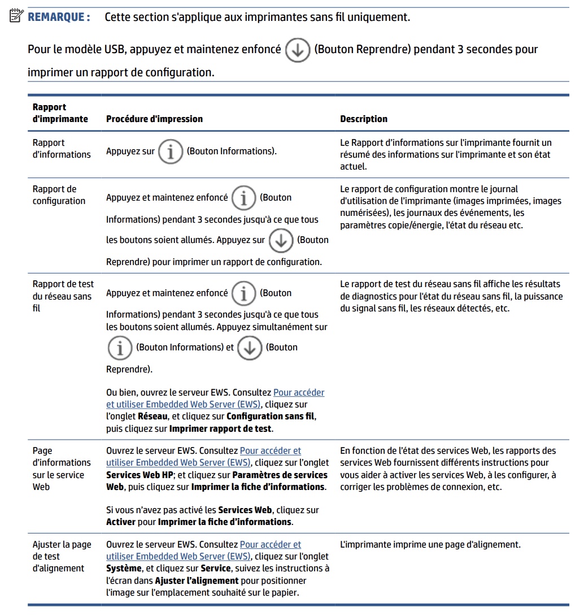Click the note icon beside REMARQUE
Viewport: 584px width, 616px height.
tap(16, 16)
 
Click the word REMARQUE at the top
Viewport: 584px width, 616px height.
tap(59, 17)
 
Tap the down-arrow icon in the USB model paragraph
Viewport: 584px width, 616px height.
tap(297, 50)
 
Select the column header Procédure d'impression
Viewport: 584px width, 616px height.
tap(154, 119)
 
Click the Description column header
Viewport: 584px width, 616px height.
tap(364, 119)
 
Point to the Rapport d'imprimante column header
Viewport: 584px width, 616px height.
tap(60, 113)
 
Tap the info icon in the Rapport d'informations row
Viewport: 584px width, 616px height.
tap(170, 151)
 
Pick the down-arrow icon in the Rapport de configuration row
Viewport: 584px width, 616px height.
tap(281, 240)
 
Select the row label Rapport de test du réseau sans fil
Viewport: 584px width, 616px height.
tap(63, 296)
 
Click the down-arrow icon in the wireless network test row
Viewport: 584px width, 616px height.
tap(250, 348)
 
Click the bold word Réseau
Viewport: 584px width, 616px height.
tap(153, 417)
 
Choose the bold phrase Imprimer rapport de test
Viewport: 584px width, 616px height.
tap(221, 428)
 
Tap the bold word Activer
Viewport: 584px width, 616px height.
tap(121, 522)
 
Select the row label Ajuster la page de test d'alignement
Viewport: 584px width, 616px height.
tap(62, 556)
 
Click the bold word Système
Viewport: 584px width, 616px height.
tap(124, 568)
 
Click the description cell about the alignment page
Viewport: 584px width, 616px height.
tap(430, 545)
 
